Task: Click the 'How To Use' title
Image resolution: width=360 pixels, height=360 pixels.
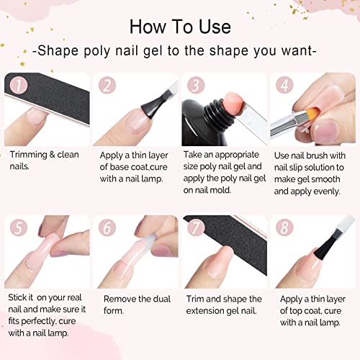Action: (180, 26)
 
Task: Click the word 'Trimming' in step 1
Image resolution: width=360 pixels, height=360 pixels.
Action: (30, 154)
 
